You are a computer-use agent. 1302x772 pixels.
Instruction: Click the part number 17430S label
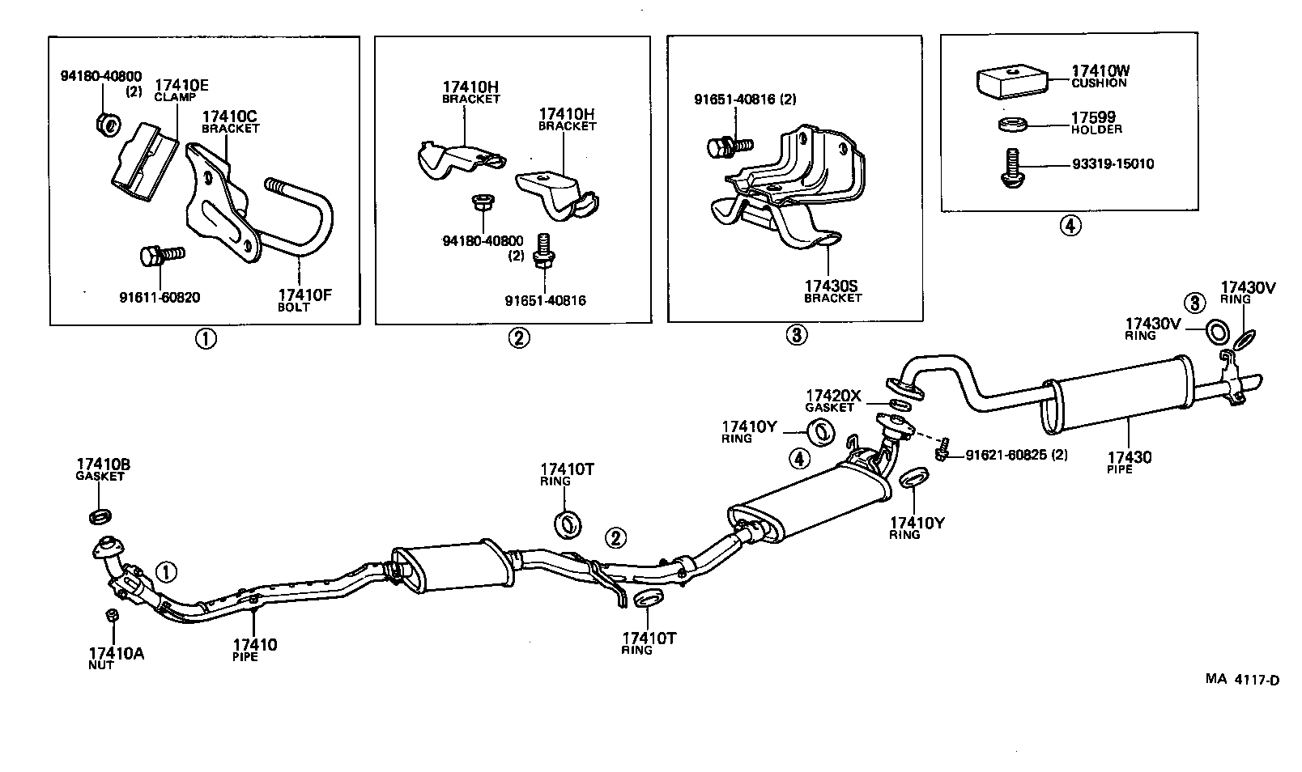coord(832,286)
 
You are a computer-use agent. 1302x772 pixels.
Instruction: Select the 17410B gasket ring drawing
coord(99,515)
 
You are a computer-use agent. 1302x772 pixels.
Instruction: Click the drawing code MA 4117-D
coord(1241,680)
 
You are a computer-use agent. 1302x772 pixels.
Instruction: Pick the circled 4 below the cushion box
coord(1070,227)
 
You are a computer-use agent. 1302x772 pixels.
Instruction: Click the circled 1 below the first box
coord(205,339)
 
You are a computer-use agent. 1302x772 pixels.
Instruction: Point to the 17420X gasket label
coord(834,397)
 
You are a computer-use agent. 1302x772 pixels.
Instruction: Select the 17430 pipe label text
coord(1130,458)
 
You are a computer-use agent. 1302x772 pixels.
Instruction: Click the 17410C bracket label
coord(231,117)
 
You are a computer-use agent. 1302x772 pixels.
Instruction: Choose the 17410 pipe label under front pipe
coord(254,645)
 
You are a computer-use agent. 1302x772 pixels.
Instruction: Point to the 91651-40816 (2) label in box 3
coord(745,100)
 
